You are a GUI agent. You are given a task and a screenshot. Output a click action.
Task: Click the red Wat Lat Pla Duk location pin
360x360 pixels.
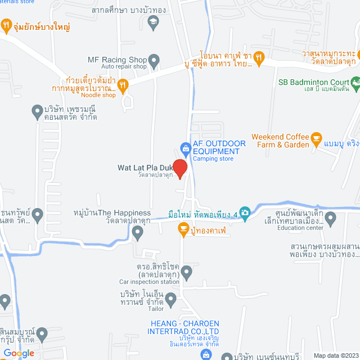[x=179, y=168]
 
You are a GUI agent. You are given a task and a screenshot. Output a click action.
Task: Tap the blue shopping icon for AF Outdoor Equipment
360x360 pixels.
[x=184, y=148]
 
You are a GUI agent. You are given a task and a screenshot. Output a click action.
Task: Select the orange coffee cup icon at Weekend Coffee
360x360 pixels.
[x=316, y=137]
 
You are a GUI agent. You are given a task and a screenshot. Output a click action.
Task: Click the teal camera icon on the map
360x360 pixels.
[x=245, y=212]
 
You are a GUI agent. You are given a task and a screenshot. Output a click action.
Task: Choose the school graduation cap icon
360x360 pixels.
[x=152, y=22]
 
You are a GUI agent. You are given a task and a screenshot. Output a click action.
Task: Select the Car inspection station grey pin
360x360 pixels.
[x=187, y=273]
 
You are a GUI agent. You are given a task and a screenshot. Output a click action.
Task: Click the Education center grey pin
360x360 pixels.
[x=331, y=217]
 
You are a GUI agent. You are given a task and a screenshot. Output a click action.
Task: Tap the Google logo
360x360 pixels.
[x=19, y=353]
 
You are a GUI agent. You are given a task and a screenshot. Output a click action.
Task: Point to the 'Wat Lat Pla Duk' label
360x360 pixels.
[x=143, y=167]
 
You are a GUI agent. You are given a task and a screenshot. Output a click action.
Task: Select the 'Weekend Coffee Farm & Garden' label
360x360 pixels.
[x=280, y=141]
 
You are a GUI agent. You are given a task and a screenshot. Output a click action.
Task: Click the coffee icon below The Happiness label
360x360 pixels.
[x=183, y=228]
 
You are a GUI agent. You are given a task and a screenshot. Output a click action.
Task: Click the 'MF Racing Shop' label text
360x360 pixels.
[x=117, y=60]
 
